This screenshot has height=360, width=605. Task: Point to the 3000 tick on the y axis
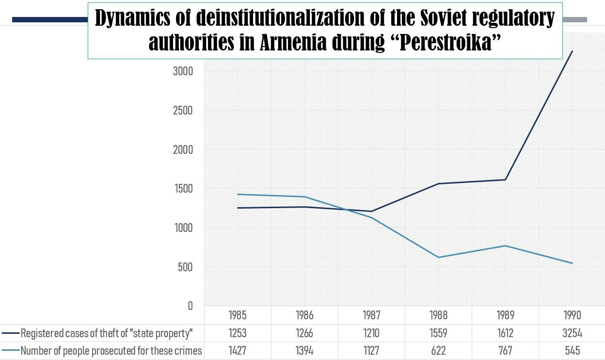tap(183, 71)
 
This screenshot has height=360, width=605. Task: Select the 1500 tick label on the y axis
tap(183, 189)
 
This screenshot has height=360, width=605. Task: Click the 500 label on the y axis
tap(185, 267)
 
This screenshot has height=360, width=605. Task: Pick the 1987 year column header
tap(371, 315)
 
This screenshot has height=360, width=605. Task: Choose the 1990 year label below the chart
tap(572, 315)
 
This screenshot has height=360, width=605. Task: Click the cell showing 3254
tap(572, 333)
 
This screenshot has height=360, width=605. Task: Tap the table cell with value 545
tap(572, 351)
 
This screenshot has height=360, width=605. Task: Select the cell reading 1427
tap(238, 351)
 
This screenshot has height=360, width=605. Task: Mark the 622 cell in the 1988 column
tap(438, 351)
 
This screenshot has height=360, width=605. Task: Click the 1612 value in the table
tap(505, 333)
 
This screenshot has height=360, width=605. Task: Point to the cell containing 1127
tap(371, 351)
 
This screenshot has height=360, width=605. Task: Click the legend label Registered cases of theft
tap(107, 333)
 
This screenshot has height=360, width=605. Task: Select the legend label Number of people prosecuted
tap(111, 351)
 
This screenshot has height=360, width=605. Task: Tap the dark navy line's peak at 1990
tap(572, 51)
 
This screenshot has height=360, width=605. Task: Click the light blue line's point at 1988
tap(438, 257)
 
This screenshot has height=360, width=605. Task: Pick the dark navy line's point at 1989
tap(505, 180)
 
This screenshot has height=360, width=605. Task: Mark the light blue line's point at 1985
tap(238, 194)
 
